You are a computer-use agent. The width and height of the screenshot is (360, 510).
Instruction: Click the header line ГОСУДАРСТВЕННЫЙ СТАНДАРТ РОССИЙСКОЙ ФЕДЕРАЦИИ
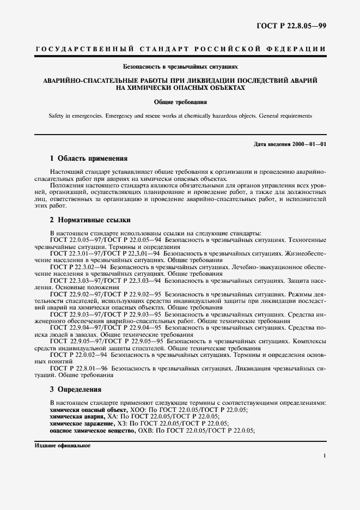click(180, 50)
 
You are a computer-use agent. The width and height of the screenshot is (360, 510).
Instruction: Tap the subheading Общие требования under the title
click(180, 101)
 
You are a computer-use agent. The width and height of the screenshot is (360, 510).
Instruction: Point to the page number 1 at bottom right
click(325, 456)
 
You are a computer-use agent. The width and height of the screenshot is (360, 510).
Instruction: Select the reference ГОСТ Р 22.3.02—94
click(78, 268)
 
